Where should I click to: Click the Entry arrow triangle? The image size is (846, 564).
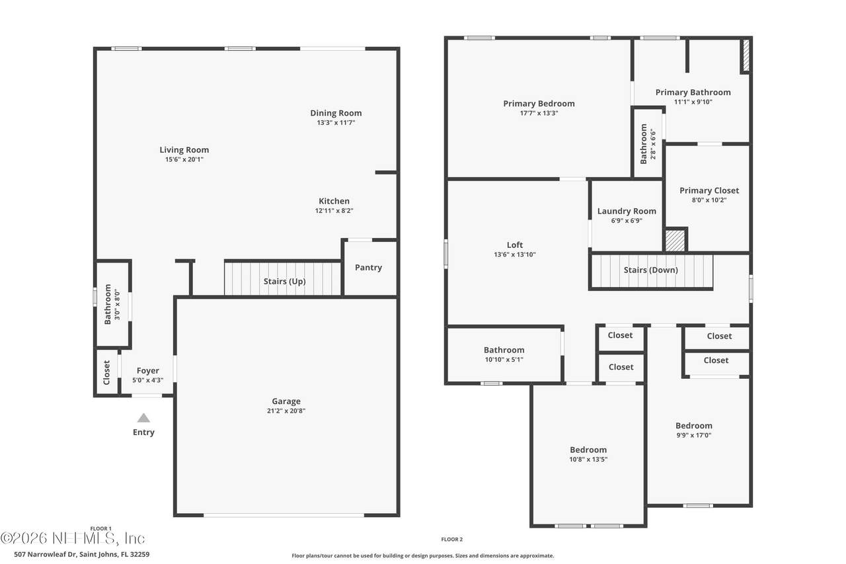(x=143, y=418)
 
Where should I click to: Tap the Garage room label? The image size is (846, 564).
(x=286, y=401)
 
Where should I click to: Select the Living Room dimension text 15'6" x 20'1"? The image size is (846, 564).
(x=184, y=159)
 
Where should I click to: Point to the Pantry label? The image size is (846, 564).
(x=368, y=268)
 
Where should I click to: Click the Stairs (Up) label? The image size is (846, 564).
(x=284, y=282)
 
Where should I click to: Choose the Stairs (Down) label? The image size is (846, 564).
(x=651, y=270)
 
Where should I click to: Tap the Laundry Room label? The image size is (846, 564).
(x=627, y=211)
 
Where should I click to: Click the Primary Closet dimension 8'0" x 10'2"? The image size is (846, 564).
(x=709, y=200)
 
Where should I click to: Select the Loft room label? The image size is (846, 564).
(x=515, y=245)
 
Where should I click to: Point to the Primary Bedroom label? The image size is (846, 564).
(x=539, y=104)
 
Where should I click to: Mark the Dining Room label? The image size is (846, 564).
(x=336, y=113)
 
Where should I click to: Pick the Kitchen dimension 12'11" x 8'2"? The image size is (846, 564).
(x=334, y=211)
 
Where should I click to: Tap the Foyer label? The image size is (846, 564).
(x=147, y=370)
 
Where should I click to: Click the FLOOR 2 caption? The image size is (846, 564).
(x=451, y=540)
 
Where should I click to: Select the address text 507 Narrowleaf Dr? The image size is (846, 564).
(x=46, y=555)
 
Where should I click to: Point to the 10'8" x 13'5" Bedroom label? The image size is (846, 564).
(x=588, y=450)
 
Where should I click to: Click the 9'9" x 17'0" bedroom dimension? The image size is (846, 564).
(x=694, y=435)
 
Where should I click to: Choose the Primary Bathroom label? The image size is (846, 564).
(x=693, y=92)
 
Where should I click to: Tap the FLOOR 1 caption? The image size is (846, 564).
(x=101, y=528)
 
